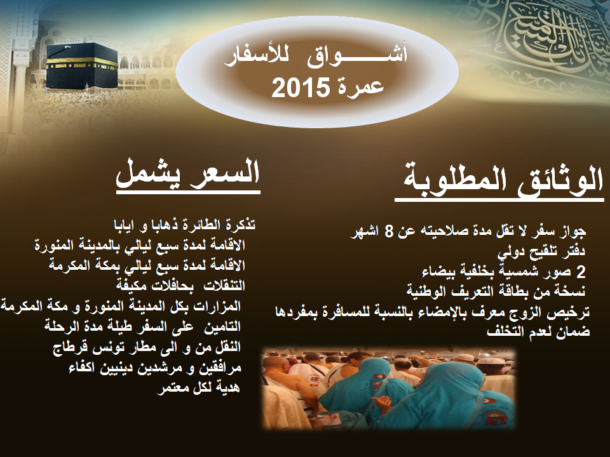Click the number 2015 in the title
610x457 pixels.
pyautogui.click(x=301, y=87)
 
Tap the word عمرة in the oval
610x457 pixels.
pyautogui.click(x=358, y=86)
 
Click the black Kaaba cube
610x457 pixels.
pyautogui.click(x=82, y=65)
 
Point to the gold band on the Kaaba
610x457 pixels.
pyautogui.click(x=82, y=63)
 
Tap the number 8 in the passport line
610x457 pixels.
pyautogui.click(x=389, y=231)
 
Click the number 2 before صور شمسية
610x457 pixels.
pyautogui.click(x=580, y=272)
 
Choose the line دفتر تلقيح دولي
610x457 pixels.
pyautogui.click(x=541, y=252)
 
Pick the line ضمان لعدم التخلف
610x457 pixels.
pyautogui.click(x=538, y=331)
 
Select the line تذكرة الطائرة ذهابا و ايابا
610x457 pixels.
pyautogui.click(x=184, y=225)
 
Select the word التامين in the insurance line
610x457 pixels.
pyautogui.click(x=223, y=326)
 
